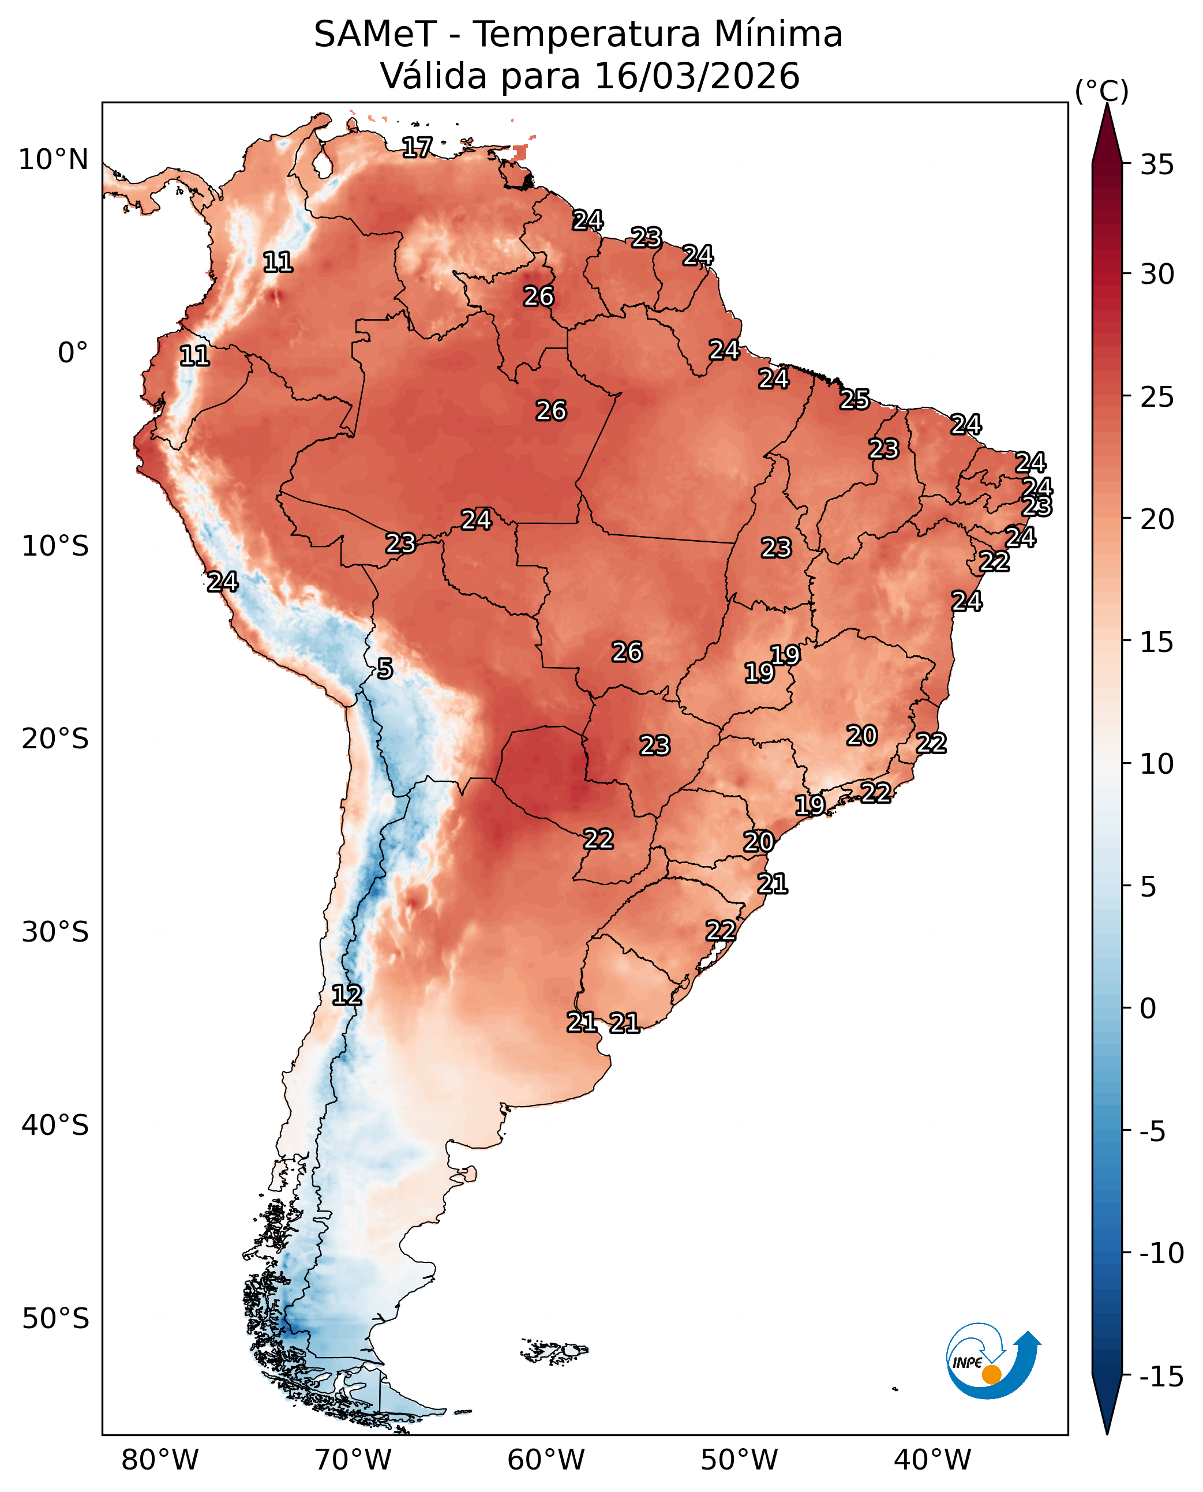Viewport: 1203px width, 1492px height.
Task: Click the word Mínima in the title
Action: pyautogui.click(x=778, y=35)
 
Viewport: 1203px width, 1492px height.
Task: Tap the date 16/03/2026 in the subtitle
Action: pyautogui.click(x=697, y=76)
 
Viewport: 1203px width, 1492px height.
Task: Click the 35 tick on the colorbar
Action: pyautogui.click(x=1157, y=165)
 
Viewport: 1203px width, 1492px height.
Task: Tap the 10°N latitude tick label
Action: pyautogui.click(x=53, y=160)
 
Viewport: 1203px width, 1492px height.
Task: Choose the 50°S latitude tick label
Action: pyautogui.click(x=55, y=1318)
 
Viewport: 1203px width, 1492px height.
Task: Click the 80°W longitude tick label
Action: pyautogui.click(x=159, y=1460)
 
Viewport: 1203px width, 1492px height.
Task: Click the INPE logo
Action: pyautogui.click(x=992, y=1363)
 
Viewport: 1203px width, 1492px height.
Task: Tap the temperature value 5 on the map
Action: pyautogui.click(x=385, y=669)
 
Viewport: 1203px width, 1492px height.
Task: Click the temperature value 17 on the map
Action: pyautogui.click(x=417, y=147)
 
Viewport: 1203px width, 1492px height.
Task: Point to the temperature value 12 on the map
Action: pyautogui.click(x=347, y=995)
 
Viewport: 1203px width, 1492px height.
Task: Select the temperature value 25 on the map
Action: pyautogui.click(x=855, y=400)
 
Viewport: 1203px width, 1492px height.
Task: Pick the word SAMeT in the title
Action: pyautogui.click(x=375, y=35)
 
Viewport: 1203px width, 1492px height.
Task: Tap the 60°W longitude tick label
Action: pyautogui.click(x=546, y=1460)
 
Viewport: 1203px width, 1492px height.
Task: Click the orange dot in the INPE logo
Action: pyautogui.click(x=992, y=1374)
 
